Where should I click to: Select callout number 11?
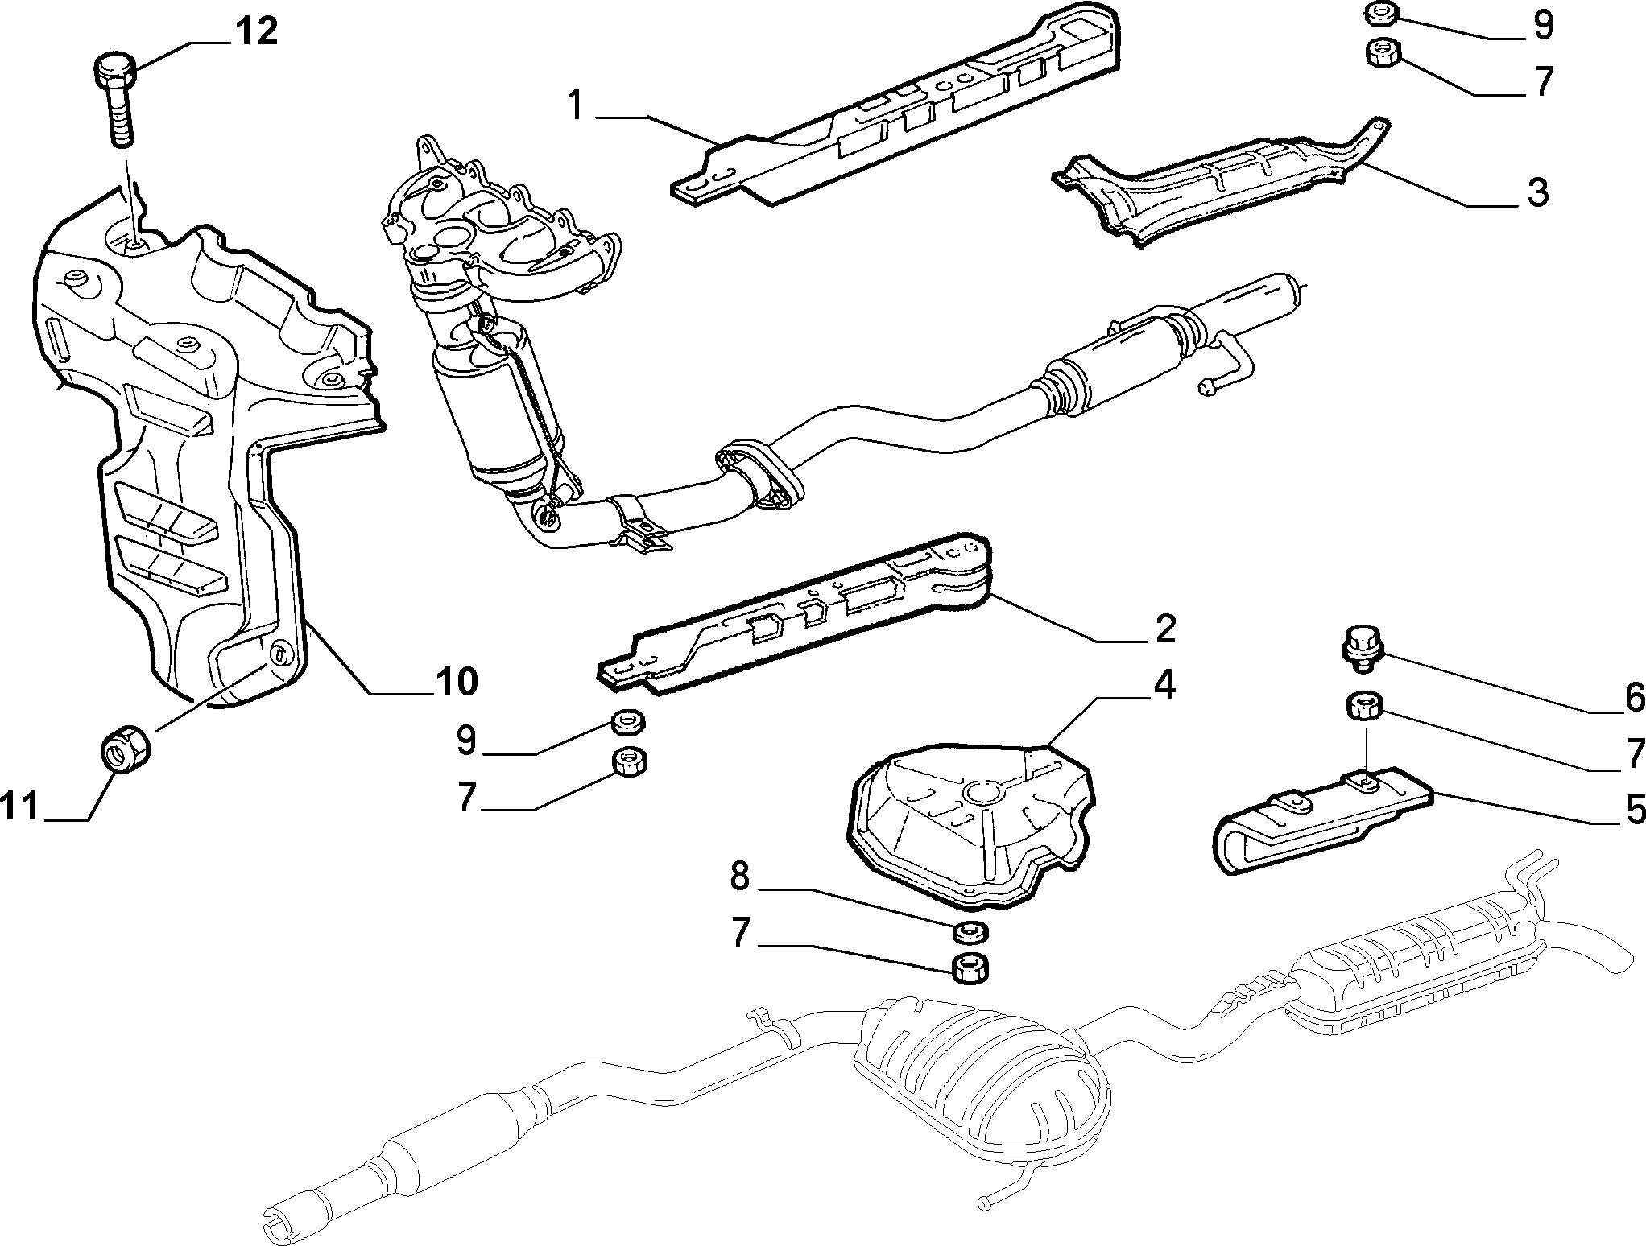click(19, 807)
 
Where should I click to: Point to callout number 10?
click(457, 682)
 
